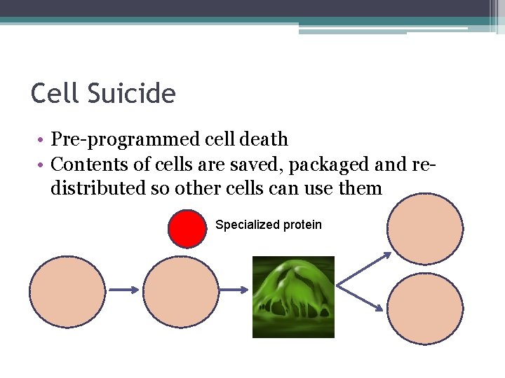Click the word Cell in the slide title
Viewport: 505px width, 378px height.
[53, 93]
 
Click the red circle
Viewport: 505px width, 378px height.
[189, 228]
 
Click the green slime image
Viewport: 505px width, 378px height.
[293, 297]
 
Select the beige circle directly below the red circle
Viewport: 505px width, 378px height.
[181, 290]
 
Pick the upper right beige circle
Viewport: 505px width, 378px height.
[425, 228]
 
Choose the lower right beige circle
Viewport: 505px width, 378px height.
[425, 309]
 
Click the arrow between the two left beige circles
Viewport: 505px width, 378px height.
[124, 289]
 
